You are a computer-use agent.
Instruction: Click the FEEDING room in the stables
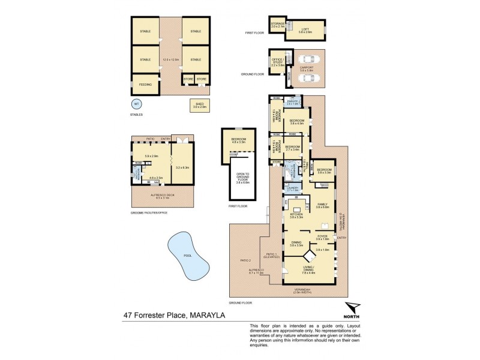(x=145, y=85)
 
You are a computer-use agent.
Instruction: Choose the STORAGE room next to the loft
(x=277, y=26)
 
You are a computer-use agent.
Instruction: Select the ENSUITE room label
(x=293, y=103)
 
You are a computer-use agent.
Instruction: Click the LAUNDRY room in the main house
(x=292, y=188)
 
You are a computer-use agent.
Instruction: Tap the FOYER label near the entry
(x=323, y=236)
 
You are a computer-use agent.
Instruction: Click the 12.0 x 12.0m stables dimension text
(x=171, y=59)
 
